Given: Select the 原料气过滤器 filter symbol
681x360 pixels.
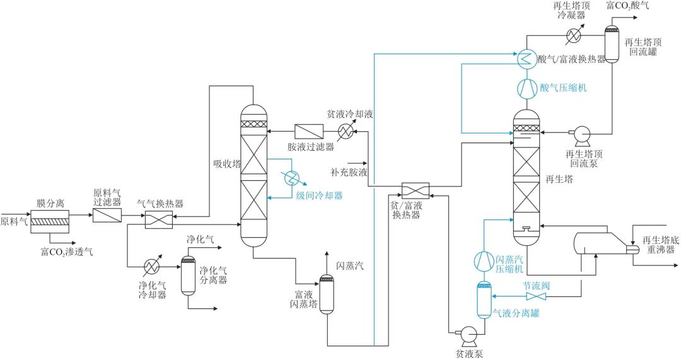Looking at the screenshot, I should pyautogui.click(x=107, y=215).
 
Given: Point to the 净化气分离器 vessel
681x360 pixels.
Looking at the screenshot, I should pyautogui.click(x=189, y=276).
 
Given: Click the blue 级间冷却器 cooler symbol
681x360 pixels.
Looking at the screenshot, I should pyautogui.click(x=291, y=178).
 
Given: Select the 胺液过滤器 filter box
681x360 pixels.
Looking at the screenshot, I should pyautogui.click(x=309, y=131).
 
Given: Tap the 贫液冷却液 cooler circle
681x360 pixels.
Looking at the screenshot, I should pyautogui.click(x=345, y=131).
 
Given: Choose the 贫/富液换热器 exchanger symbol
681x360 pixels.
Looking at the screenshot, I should pyautogui.click(x=415, y=191).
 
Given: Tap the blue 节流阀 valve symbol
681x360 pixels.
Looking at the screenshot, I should pyautogui.click(x=536, y=296).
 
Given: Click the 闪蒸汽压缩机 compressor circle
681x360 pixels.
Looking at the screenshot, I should pyautogui.click(x=484, y=260).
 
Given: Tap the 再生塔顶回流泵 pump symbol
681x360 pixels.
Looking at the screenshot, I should pyautogui.click(x=579, y=133).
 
